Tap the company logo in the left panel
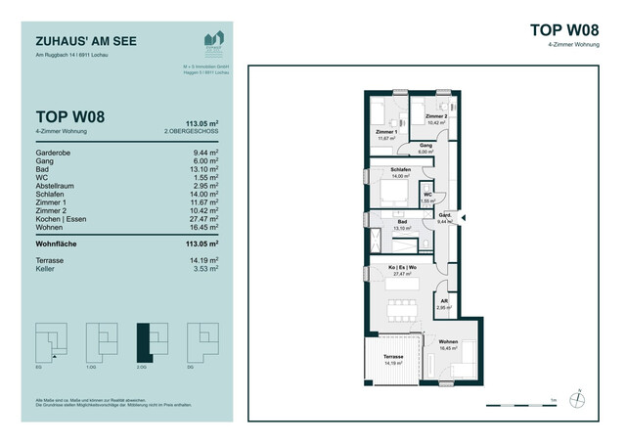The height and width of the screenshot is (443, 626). [x=212, y=41]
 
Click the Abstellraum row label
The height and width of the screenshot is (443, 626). [x=58, y=184]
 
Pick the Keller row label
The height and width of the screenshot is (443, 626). [x=45, y=283]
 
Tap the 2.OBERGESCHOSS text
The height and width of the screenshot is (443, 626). [x=193, y=130]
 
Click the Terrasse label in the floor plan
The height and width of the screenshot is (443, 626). [x=393, y=357]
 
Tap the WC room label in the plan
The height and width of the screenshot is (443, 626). [x=427, y=195]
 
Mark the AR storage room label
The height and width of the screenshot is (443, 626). [x=442, y=303]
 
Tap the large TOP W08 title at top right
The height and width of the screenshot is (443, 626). [x=564, y=30]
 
